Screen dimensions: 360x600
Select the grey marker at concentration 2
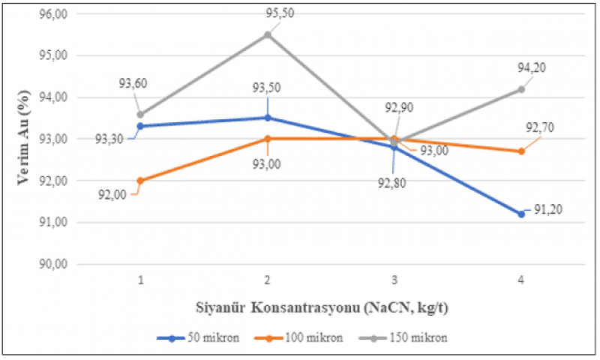point(268,34)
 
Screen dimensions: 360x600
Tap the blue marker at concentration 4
point(521,214)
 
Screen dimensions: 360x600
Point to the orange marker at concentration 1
point(140,181)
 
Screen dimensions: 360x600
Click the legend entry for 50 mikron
point(198,337)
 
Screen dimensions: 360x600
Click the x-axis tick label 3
point(394,280)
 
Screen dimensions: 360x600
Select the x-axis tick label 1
point(140,280)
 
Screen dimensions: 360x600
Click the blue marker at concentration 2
point(268,118)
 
